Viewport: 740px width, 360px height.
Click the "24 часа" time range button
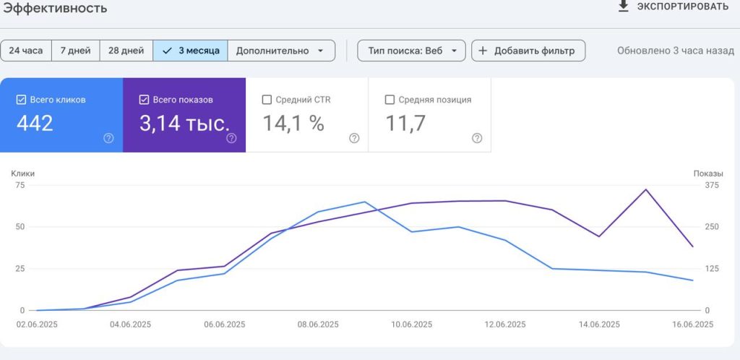(x=26, y=51)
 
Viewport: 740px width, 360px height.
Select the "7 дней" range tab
(x=75, y=51)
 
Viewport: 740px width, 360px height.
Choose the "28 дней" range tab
(x=126, y=51)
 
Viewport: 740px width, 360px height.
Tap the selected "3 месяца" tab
(x=190, y=51)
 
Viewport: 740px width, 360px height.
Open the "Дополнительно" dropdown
(x=281, y=51)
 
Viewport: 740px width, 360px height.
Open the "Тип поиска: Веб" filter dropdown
(x=411, y=51)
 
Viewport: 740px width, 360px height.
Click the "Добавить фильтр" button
(x=528, y=51)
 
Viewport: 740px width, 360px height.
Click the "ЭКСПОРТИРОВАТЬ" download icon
(x=624, y=6)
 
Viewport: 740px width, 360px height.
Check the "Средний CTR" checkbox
(x=267, y=100)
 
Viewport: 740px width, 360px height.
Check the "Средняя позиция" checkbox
(x=390, y=100)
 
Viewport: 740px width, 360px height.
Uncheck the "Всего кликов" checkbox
(x=21, y=100)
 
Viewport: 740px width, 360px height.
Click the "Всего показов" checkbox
(x=144, y=100)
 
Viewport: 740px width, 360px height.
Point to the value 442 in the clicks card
(x=35, y=124)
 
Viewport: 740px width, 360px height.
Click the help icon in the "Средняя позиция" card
(x=477, y=138)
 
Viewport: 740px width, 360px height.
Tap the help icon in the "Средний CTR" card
(x=354, y=138)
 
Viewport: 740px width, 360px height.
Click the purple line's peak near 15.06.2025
(x=645, y=189)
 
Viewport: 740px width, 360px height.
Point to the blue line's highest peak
(x=364, y=202)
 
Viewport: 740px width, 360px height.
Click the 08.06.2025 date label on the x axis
(x=318, y=325)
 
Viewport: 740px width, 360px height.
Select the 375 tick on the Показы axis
(x=712, y=185)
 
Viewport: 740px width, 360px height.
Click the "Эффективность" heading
(x=55, y=7)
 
